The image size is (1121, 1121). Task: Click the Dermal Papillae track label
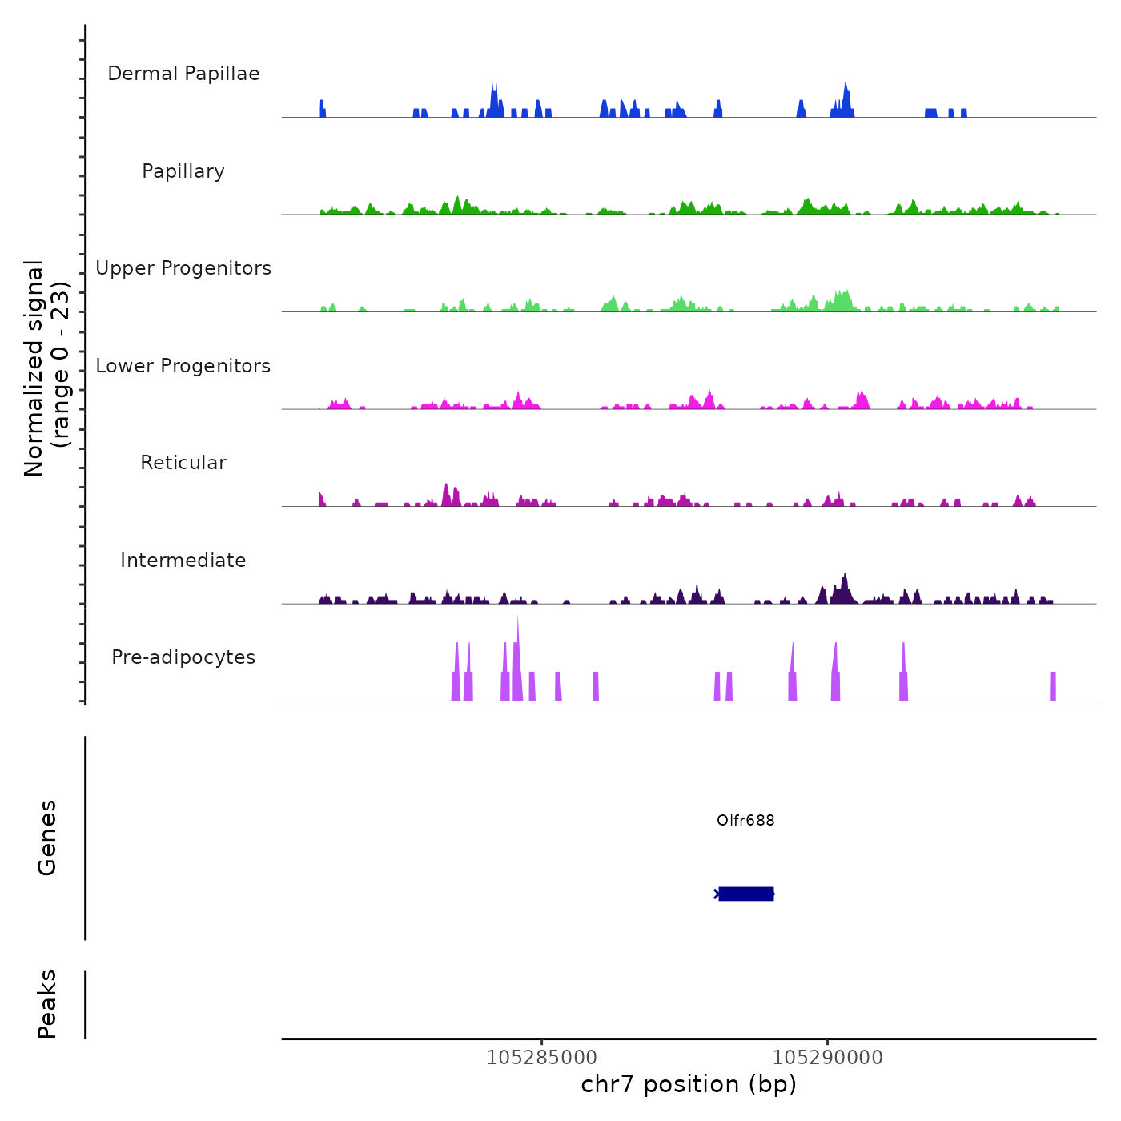[183, 74]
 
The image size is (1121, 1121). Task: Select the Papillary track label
[183, 171]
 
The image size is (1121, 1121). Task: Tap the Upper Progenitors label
[183, 268]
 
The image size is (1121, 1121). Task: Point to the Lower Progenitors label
[183, 366]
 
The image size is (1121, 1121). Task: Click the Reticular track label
[183, 463]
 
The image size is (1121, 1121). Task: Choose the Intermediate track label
[183, 560]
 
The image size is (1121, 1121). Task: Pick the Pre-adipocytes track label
[183, 657]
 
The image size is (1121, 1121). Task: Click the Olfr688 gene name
[745, 821]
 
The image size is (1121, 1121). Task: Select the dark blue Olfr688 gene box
[746, 894]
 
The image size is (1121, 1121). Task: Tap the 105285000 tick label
[542, 1058]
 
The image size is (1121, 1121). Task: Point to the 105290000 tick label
[827, 1058]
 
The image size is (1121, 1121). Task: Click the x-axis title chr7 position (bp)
[689, 1084]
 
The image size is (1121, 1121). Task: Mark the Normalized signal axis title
[46, 368]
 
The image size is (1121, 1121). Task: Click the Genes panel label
[46, 838]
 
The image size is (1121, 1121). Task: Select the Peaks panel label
[46, 1004]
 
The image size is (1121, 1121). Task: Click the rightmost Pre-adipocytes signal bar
[1053, 687]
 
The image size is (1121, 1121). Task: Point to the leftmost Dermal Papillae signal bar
[322, 109]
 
